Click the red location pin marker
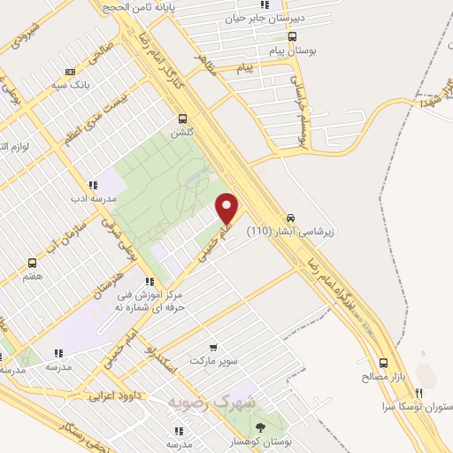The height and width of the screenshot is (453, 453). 227,208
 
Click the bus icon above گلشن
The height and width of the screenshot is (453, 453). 183,119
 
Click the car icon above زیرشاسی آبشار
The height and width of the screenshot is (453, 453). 290,218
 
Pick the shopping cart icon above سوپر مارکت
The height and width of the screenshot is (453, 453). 212,347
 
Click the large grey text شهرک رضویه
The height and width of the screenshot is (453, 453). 211,402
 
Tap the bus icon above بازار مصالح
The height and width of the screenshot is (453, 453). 384,364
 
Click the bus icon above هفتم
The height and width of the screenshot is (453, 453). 33,263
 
